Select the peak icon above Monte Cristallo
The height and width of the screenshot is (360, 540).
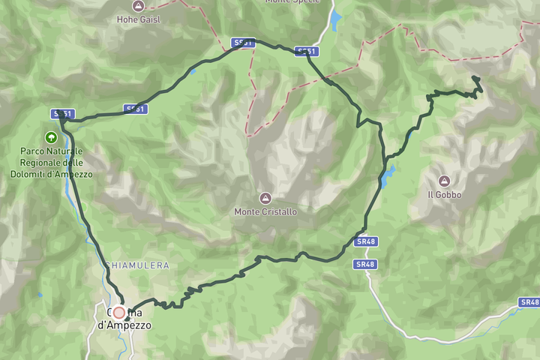pyautogui.click(x=265, y=198)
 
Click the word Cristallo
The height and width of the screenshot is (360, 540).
pyautogui.click(x=279, y=212)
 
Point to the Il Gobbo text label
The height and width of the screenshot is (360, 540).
pyautogui.click(x=445, y=195)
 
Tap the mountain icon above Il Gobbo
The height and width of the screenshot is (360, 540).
pyautogui.click(x=444, y=181)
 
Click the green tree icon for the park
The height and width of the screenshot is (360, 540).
pyautogui.click(x=51, y=137)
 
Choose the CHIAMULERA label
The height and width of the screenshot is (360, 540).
pyautogui.click(x=136, y=265)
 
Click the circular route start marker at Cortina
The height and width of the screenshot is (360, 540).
pyautogui.click(x=118, y=313)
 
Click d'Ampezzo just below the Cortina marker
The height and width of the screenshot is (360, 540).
pyautogui.click(x=124, y=325)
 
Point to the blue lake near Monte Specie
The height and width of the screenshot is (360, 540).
pyautogui.click(x=336, y=20)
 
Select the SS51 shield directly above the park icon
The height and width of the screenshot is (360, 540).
pyautogui.click(x=63, y=114)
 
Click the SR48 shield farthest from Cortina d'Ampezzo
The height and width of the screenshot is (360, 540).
pyautogui.click(x=529, y=302)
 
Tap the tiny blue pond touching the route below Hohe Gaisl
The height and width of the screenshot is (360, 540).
pyautogui.click(x=193, y=71)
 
